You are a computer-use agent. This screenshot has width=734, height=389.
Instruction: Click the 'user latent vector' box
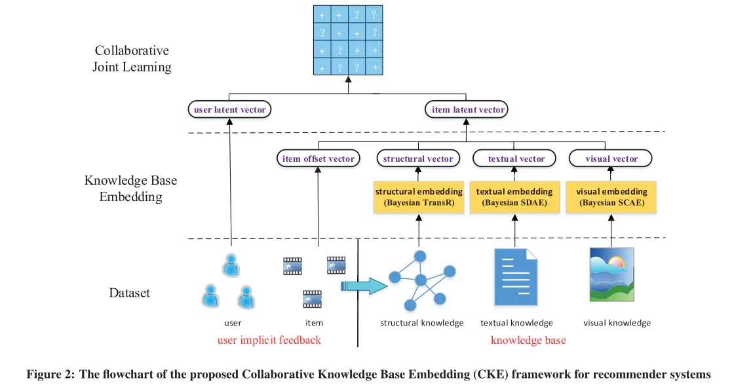coord(229,109)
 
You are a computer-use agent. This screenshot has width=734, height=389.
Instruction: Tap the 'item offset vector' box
coord(318,158)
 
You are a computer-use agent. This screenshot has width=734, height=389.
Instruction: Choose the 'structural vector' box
coord(418,158)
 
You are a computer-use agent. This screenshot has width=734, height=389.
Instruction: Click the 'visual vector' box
coord(611,158)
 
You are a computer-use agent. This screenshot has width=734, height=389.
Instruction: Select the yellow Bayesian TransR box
coord(419,197)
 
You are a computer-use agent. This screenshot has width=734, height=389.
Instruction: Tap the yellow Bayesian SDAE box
coord(514,197)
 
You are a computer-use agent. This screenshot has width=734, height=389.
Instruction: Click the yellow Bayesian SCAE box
coord(611,197)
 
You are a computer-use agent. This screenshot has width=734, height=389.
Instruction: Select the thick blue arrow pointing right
coord(364,286)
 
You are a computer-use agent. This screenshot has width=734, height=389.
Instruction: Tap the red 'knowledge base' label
coord(528,341)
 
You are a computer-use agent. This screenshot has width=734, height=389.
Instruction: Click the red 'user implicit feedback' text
coord(269,341)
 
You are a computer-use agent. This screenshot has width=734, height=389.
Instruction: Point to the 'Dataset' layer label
coord(129,293)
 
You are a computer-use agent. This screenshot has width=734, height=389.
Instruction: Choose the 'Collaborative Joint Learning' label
coord(132,59)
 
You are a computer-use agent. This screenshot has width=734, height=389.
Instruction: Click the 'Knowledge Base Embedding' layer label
coord(130,188)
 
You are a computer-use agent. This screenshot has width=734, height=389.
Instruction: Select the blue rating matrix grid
coord(348,41)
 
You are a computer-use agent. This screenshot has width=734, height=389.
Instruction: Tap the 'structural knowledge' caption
coord(422,323)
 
